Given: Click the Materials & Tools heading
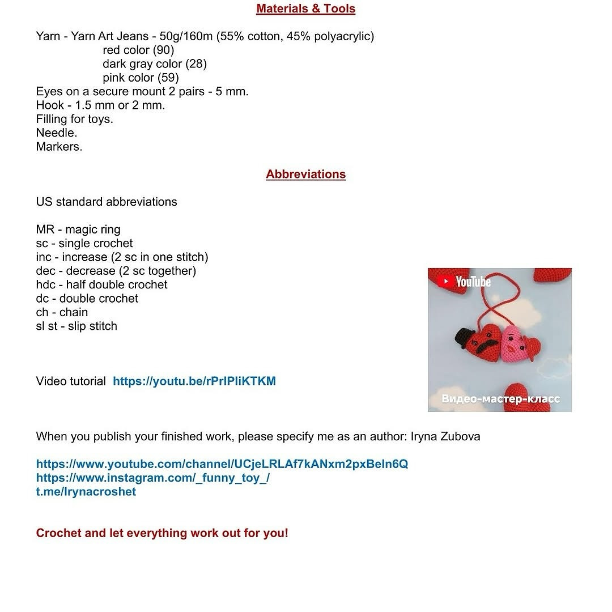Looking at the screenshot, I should (x=305, y=9).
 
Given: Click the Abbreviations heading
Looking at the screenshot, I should (x=305, y=175).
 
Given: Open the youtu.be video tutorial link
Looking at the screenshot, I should (x=194, y=381).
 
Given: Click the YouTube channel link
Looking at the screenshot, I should (x=222, y=465).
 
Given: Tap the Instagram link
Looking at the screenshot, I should (x=152, y=478).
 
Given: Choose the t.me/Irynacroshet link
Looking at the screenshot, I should (x=86, y=492).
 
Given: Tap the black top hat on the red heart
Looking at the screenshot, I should (x=466, y=338).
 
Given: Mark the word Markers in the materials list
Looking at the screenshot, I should (x=58, y=147).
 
